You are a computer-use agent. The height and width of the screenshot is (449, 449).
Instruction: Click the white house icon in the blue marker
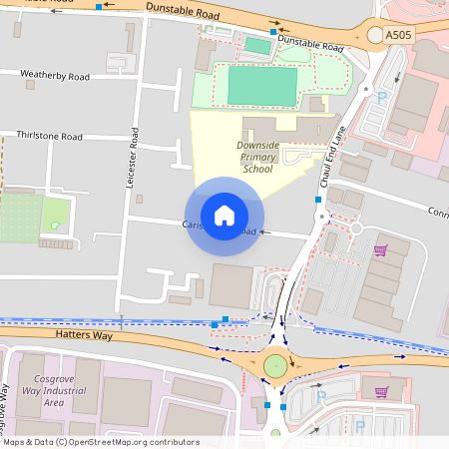pos(224,215)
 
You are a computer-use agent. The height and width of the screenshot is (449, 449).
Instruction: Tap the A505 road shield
pos(398,34)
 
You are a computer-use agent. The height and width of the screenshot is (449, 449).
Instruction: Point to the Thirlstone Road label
pos(49,136)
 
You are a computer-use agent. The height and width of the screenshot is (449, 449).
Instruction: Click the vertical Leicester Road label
pos(131,158)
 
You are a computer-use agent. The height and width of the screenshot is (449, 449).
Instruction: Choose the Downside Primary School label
pos(257,157)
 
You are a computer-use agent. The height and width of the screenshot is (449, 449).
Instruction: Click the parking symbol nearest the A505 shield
pos(381,98)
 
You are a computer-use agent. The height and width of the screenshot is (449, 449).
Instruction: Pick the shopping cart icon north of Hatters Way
pos(379,250)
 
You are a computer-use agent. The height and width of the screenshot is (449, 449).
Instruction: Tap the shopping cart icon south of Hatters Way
pos(382,391)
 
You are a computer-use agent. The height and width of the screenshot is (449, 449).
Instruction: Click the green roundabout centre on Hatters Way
pos(275,367)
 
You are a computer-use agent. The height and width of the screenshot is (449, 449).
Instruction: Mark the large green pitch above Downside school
pos(262,86)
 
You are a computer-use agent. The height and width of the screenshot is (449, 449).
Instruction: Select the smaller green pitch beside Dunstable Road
pos(257,45)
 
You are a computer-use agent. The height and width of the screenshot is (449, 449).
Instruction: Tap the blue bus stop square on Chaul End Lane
pos(318,201)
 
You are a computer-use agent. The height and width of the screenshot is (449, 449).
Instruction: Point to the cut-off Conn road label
pos(438,212)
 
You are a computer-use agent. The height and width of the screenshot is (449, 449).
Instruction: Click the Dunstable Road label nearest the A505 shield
pos(311,44)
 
